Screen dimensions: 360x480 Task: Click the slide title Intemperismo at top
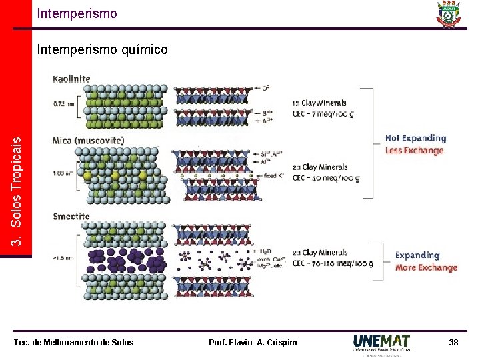click(77, 13)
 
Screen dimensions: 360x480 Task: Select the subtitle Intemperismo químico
click(102, 49)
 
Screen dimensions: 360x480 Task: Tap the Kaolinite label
click(71, 79)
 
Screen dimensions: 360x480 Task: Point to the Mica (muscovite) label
click(88, 141)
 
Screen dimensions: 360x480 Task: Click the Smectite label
click(71, 217)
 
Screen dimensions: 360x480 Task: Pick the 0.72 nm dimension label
click(63, 104)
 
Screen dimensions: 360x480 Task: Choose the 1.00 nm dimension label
click(63, 173)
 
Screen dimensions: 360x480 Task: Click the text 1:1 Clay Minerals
click(319, 103)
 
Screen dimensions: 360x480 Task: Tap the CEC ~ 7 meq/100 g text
click(323, 113)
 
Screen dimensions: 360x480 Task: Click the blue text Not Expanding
click(415, 138)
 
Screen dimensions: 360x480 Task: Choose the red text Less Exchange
click(414, 150)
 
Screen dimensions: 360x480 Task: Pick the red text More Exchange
click(426, 267)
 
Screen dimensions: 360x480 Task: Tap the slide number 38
click(453, 342)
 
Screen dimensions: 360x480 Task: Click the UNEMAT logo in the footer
click(382, 343)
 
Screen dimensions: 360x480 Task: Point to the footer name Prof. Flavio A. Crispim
click(253, 343)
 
